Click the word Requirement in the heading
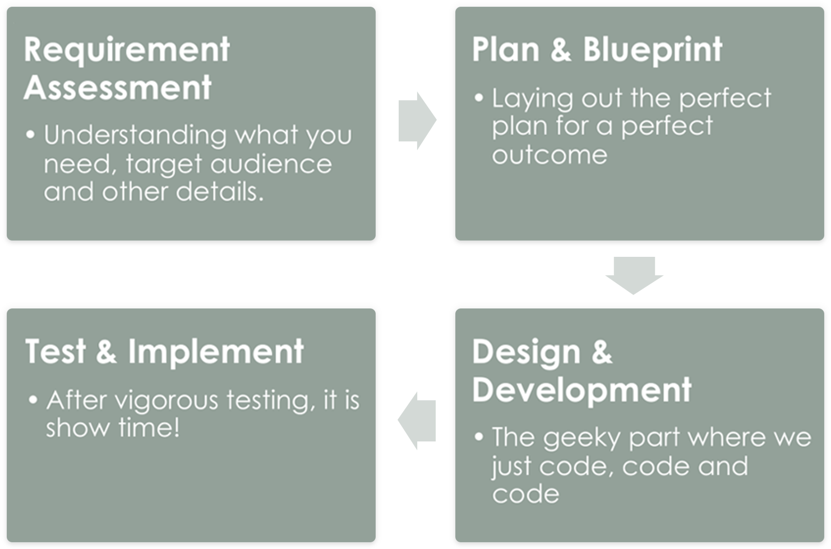(127, 51)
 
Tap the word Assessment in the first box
(118, 87)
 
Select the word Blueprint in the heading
(653, 51)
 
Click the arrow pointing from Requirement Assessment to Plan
(417, 121)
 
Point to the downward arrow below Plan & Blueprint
(634, 275)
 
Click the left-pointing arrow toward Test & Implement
(417, 421)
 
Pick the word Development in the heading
(581, 390)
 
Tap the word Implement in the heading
(216, 352)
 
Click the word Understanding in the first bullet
(135, 135)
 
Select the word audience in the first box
(271, 164)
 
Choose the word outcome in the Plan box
(550, 155)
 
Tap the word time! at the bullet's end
(149, 427)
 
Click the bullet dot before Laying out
(479, 98)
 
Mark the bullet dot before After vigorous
(34, 400)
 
